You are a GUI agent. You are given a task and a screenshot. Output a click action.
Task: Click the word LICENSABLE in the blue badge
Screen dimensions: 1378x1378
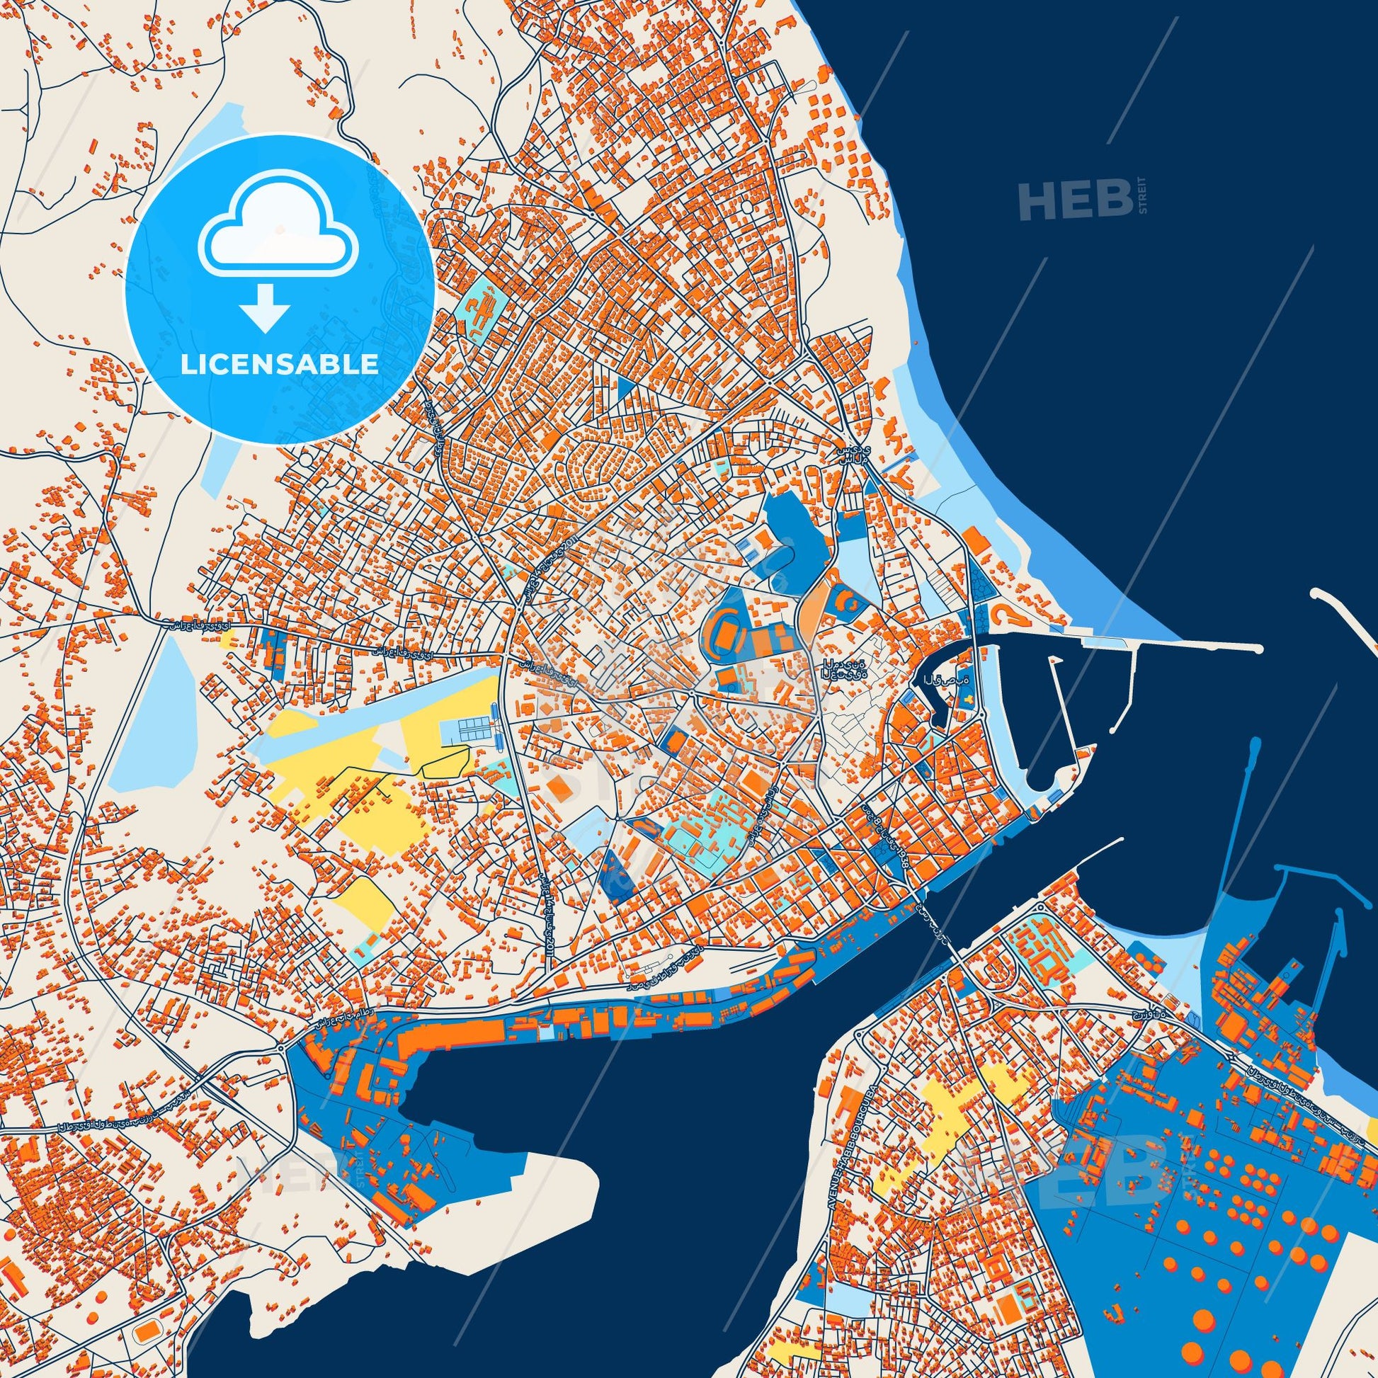(279, 365)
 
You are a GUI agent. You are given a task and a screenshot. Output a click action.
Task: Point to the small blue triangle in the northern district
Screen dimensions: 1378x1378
(625, 388)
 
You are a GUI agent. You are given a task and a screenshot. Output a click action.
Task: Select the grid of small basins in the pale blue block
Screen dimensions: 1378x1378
(471, 729)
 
